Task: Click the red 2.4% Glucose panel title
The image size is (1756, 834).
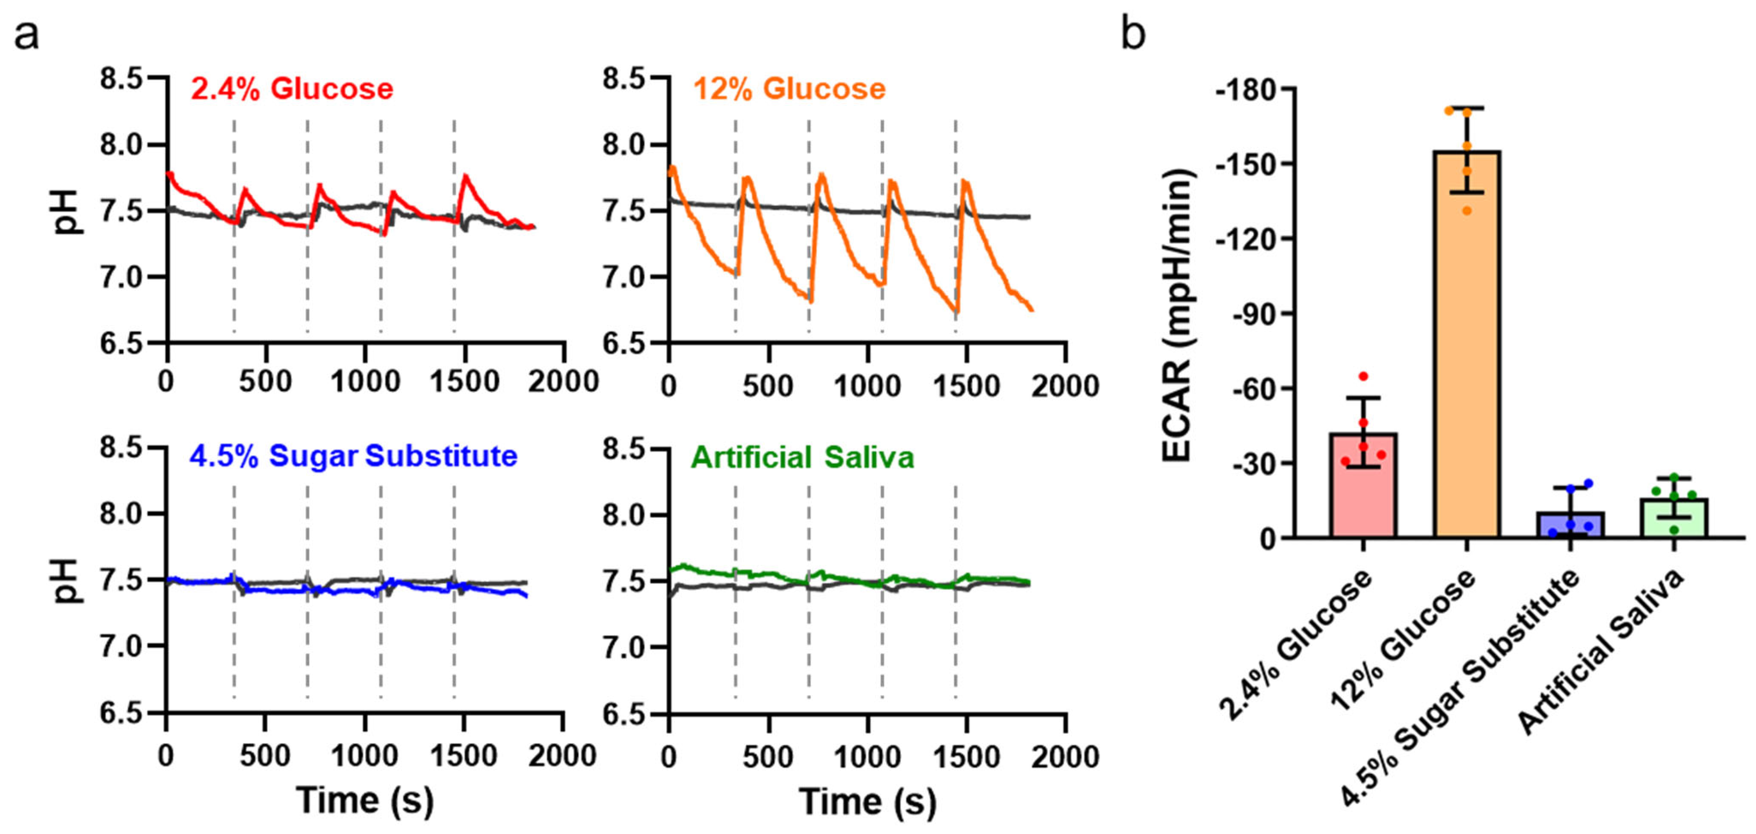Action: point(292,89)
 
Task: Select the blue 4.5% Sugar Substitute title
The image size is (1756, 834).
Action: point(353,456)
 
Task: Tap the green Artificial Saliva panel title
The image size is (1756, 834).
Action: point(802,457)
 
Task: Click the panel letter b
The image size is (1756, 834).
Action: point(1133,34)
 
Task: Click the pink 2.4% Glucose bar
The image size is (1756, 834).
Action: point(1363,487)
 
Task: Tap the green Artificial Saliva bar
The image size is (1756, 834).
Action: point(1674,520)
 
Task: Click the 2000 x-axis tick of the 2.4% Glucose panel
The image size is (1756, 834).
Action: point(563,382)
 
